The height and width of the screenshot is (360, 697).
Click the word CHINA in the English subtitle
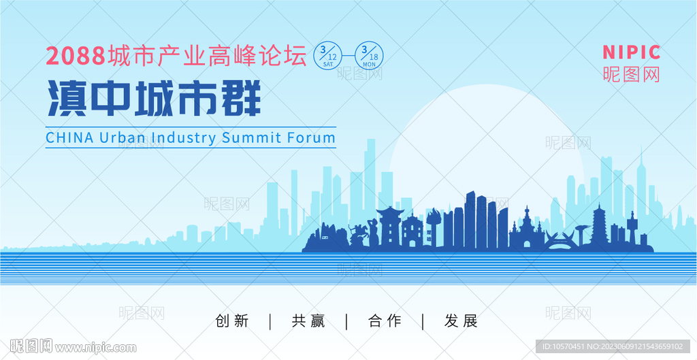click(69, 137)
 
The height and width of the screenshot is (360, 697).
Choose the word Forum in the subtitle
click(311, 137)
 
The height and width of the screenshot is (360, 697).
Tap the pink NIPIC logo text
click(631, 52)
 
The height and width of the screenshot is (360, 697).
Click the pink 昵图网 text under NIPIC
click(631, 74)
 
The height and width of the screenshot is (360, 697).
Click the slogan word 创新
click(231, 321)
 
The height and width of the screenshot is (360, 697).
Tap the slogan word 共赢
click(308, 321)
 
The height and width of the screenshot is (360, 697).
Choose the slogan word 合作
click(385, 321)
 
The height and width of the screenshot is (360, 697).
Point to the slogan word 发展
click(461, 321)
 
